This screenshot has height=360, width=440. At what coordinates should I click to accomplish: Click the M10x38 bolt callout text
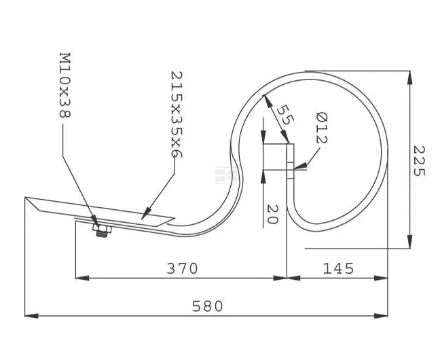click(x=65, y=85)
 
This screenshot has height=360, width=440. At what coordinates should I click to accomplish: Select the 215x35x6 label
click(x=177, y=114)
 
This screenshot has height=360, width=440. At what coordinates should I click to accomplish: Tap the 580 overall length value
click(x=207, y=306)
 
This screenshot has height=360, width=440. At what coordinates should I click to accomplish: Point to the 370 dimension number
click(x=183, y=268)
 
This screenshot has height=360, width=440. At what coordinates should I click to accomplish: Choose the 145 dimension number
click(x=338, y=268)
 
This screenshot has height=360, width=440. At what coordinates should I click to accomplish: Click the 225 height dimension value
click(x=419, y=161)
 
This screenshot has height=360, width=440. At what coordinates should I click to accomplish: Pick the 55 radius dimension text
click(x=285, y=115)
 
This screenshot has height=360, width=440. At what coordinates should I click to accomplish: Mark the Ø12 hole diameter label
click(x=322, y=128)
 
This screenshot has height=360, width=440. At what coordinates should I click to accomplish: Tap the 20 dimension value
click(x=272, y=214)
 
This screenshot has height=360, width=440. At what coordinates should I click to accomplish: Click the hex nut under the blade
click(x=102, y=229)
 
